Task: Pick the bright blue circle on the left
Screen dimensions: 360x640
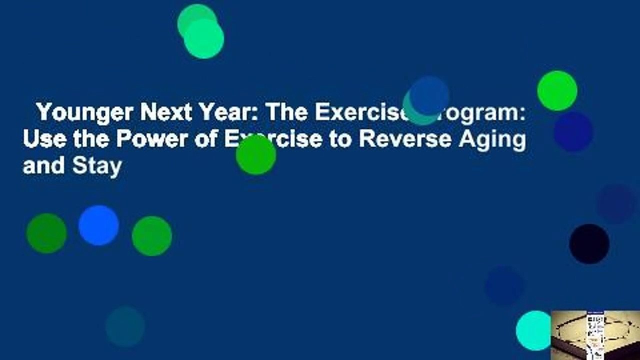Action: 98,225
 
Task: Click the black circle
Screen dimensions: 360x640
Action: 589,244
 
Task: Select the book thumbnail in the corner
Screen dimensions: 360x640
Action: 595,334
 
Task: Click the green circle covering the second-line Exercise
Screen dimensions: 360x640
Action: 256,155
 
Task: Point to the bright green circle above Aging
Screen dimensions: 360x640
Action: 557,90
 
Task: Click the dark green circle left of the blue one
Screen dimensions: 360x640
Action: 46,233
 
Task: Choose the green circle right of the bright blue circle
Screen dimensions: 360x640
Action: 151,236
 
